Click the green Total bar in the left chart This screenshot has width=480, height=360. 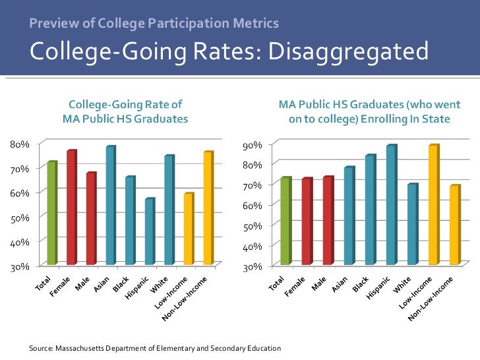52,213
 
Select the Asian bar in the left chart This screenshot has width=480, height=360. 111,205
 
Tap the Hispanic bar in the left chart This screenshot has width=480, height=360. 150,231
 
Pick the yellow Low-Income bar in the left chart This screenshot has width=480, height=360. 189,229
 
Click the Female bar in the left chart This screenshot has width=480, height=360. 71,208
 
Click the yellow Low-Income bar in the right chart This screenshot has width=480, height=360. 433,205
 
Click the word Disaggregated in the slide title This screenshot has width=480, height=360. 342,51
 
